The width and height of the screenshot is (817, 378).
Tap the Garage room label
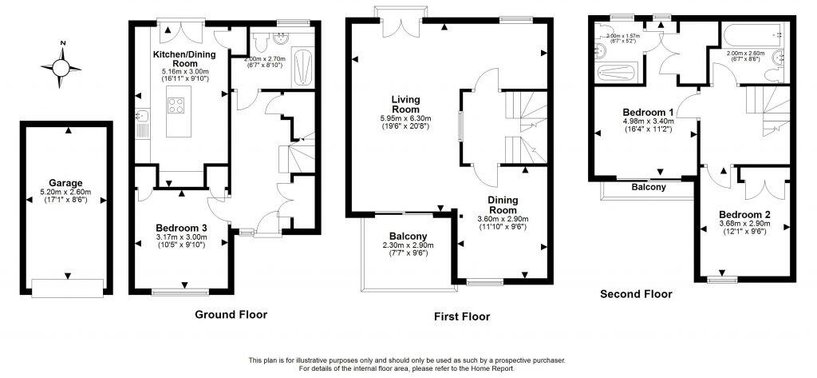65,183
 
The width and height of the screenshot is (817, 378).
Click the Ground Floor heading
231,314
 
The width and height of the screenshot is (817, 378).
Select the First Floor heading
461,316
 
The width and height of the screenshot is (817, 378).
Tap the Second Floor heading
636,294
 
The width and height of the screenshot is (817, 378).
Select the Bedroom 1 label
648,112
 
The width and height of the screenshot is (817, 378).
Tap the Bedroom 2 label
744,214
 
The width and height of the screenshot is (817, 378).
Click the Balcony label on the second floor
648,187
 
